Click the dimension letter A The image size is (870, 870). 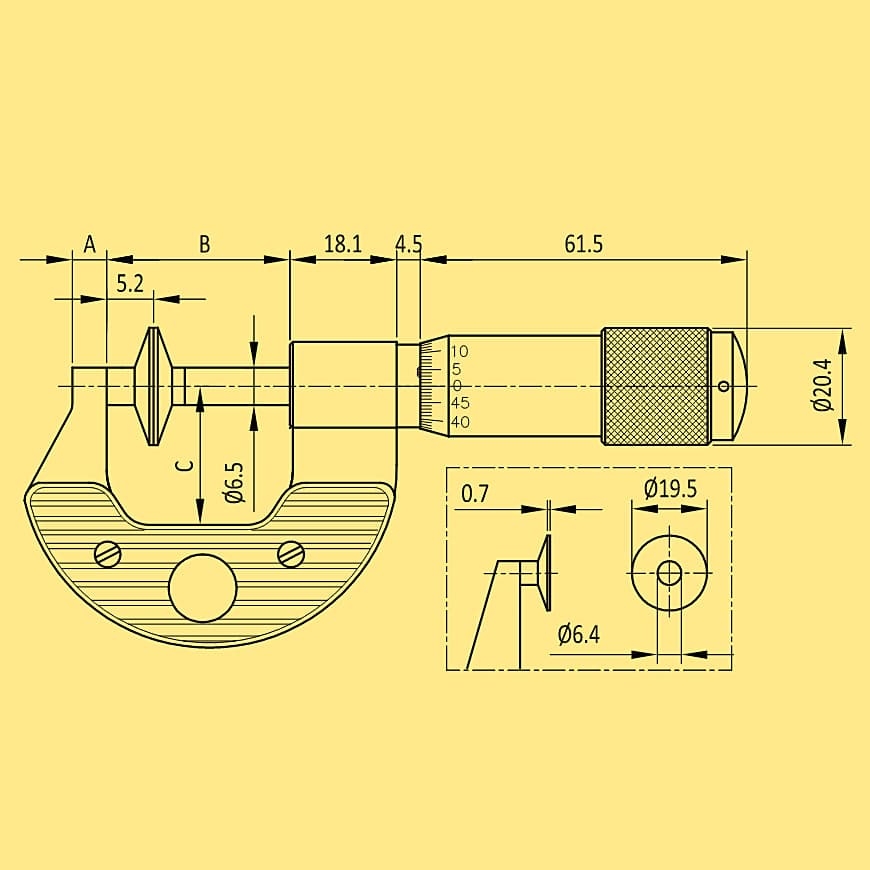(89, 244)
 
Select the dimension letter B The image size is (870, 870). (205, 244)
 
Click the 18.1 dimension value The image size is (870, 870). (342, 244)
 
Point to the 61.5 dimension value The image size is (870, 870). (584, 244)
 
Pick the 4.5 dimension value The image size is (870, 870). (409, 244)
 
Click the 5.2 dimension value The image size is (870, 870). (130, 284)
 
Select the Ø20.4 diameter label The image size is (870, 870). (823, 385)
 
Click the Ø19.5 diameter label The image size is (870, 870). (670, 488)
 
